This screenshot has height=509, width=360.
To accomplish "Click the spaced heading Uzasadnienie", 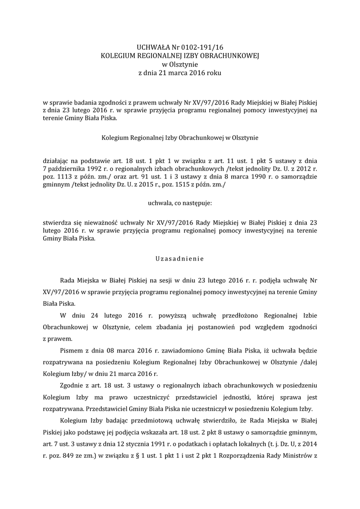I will point(180,258).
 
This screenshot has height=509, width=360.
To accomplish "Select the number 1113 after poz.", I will point(64,176).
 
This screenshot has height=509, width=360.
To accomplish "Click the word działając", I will point(56,161).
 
